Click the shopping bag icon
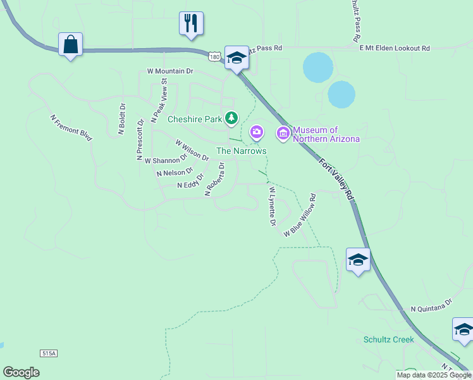(70, 45)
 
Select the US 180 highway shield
(216, 57)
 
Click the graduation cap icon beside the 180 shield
(236, 58)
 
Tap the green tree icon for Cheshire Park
(232, 118)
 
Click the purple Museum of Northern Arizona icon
(283, 133)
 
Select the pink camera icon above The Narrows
(256, 132)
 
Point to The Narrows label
(241, 151)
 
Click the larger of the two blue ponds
(317, 67)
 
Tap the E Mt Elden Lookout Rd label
(394, 48)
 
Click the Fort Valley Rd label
(335, 179)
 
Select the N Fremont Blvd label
(71, 126)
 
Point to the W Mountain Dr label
(169, 72)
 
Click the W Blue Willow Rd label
(299, 215)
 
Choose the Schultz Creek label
(388, 339)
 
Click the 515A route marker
(47, 353)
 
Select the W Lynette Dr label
(273, 206)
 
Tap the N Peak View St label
(158, 101)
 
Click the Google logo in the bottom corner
(21, 372)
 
